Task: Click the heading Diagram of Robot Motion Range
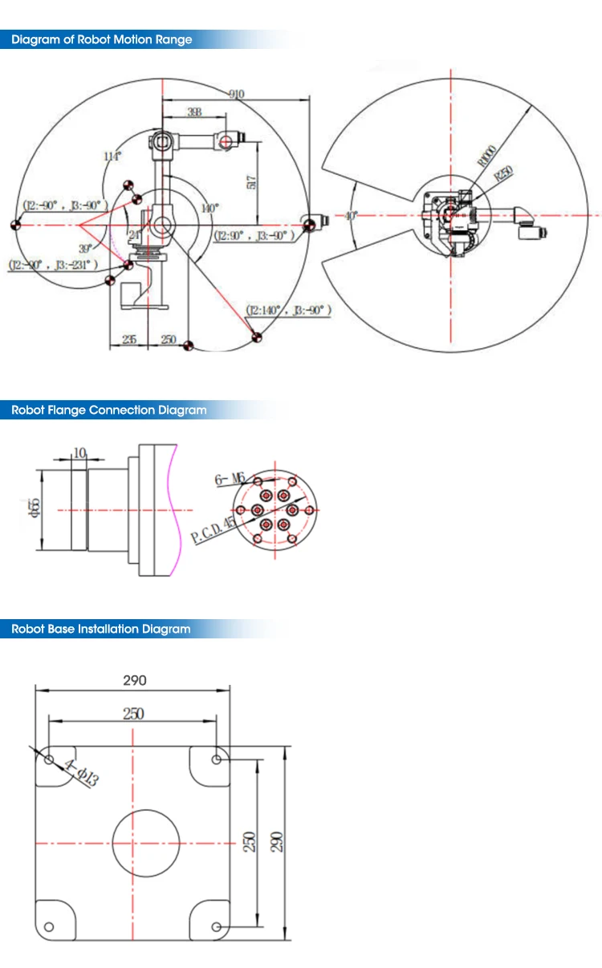[x=101, y=39]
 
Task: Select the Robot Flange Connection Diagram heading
[x=108, y=410]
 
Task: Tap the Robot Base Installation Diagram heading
[x=101, y=629]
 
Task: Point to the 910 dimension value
[x=235, y=95]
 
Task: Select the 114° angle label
[x=112, y=156]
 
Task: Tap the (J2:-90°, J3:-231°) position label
[x=52, y=264]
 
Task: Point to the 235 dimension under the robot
[x=128, y=339]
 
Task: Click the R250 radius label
[x=503, y=174]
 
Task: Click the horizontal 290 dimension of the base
[x=134, y=680]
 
